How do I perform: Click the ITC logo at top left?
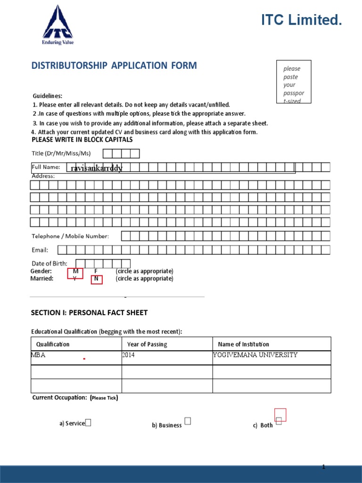pyautogui.click(x=58, y=25)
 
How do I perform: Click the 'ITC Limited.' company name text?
pyautogui.click(x=301, y=20)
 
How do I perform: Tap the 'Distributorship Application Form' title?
pyautogui.click(x=114, y=66)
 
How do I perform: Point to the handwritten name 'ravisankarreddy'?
pyautogui.click(x=96, y=168)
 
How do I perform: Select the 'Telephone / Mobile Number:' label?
pyautogui.click(x=70, y=236)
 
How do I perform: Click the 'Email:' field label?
pyautogui.click(x=40, y=250)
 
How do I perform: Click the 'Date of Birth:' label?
pyautogui.click(x=49, y=263)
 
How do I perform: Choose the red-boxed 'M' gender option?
pyautogui.click(x=75, y=272)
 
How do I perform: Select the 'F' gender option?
pyautogui.click(x=96, y=271)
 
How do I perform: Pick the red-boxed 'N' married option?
pyautogui.click(x=96, y=279)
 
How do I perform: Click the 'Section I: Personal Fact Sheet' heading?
pyautogui.click(x=89, y=313)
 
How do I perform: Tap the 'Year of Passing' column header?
pyautogui.click(x=147, y=344)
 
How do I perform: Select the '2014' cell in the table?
pyautogui.click(x=128, y=355)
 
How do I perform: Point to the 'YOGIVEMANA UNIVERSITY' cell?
pyautogui.click(x=255, y=355)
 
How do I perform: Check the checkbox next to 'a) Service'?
pyautogui.click(x=88, y=423)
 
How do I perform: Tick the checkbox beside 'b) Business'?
pyautogui.click(x=188, y=421)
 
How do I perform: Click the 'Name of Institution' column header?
pyautogui.click(x=243, y=344)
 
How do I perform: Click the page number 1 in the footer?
pyautogui.click(x=324, y=466)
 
